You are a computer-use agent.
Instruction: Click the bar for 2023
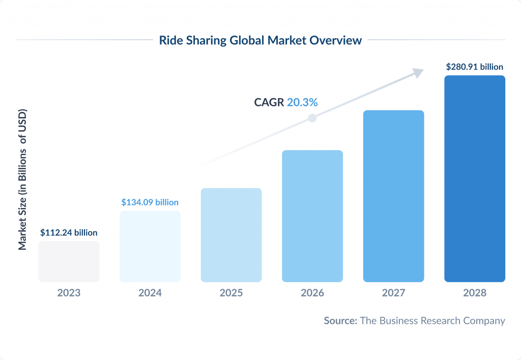coord(69,261)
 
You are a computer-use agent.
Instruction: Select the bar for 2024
coord(150,247)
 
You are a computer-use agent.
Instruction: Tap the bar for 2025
coord(231,235)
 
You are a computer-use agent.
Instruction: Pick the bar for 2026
coord(312,216)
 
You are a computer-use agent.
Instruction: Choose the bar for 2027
coord(393,196)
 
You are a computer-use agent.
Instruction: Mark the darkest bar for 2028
coord(475,178)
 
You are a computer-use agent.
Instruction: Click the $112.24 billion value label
coord(69,233)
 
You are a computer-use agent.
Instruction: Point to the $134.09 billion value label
coord(150,202)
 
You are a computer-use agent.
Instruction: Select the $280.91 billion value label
coord(475,67)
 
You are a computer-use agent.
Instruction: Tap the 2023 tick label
coord(69,293)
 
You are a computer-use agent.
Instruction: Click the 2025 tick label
coord(231,293)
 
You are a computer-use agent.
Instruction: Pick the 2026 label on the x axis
coord(312,293)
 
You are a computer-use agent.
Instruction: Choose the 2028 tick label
coord(475,293)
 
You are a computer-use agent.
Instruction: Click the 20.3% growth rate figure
coord(302,102)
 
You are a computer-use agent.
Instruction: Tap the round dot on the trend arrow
coord(312,118)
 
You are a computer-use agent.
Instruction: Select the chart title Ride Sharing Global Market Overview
coord(260,40)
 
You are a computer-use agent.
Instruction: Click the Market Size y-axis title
coord(22,179)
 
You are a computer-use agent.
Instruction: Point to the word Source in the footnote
coord(340,321)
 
